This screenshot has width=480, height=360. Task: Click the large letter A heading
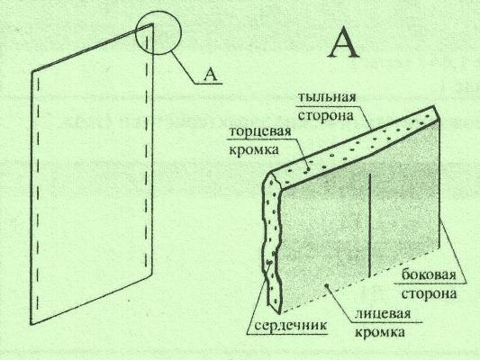coord(344,42)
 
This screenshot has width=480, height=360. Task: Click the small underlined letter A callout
coord(210,75)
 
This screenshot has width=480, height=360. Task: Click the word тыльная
coord(327,97)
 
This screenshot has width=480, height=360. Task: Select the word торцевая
coord(259,131)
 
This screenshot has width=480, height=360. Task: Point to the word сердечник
coord(291,325)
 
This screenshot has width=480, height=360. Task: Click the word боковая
coord(429,274)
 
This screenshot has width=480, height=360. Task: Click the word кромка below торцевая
coord(254,150)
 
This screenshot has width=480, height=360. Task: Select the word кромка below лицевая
coord(380,332)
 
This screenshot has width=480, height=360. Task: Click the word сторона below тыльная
coord(325,116)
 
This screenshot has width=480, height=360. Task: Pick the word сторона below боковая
coord(429,293)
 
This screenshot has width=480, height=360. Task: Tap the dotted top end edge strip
coord(355,146)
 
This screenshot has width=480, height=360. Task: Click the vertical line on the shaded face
coord(370,225)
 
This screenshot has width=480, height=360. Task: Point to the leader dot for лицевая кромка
coord(328,285)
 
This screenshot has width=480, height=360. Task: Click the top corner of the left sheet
coord(152,24)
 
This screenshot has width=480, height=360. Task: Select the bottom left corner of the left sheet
coord(32,324)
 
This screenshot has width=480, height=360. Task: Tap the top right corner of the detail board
coord(437,107)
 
